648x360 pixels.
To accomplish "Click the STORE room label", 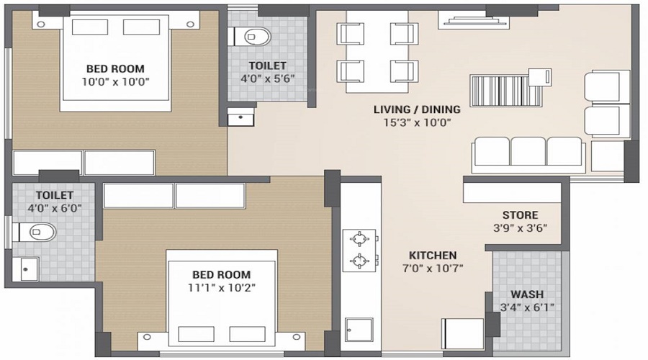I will click(520, 215).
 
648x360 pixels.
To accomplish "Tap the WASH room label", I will click(527, 294).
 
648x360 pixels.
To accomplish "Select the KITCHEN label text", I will click(433, 256).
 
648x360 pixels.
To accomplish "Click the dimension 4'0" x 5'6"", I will click(268, 78).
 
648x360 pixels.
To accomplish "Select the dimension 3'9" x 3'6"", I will click(521, 228).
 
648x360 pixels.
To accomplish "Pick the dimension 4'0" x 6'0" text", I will click(54, 208).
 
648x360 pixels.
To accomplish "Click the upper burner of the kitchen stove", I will click(359, 238).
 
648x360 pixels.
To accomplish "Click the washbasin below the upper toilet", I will click(241, 115).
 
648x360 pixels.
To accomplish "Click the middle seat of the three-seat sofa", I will click(528, 152).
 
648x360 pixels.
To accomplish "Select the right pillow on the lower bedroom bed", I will click(248, 333).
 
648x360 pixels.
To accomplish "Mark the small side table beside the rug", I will click(539, 76).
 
